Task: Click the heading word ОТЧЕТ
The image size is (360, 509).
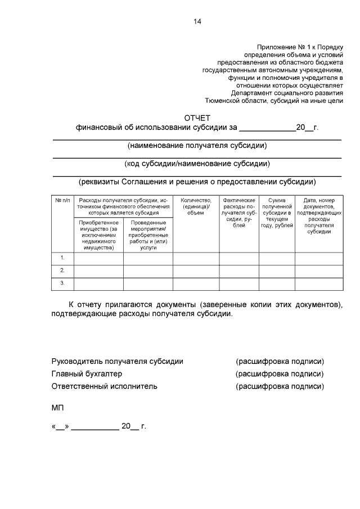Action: pyautogui.click(x=197, y=118)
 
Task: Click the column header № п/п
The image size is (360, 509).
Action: pyautogui.click(x=62, y=200)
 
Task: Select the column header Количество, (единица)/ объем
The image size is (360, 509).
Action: pyautogui.click(x=196, y=206)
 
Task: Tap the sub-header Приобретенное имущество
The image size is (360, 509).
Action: pyautogui.click(x=98, y=235)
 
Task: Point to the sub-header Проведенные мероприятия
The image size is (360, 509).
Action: pyautogui.click(x=148, y=235)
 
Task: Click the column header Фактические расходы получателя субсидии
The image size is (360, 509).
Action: pyautogui.click(x=238, y=213)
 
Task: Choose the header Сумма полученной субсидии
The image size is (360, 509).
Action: pyautogui.click(x=277, y=213)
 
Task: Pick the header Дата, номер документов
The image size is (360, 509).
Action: pyautogui.click(x=318, y=216)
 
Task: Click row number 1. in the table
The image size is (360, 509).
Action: pyautogui.click(x=62, y=258)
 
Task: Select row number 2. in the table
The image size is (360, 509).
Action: pyautogui.click(x=62, y=271)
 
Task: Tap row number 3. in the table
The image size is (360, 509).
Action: pyautogui.click(x=62, y=283)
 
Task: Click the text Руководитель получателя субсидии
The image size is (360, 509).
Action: pyautogui.click(x=117, y=361)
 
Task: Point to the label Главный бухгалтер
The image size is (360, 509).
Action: pyautogui.click(x=87, y=373)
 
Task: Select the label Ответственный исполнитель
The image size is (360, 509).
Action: pyautogui.click(x=104, y=386)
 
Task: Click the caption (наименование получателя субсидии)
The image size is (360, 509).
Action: pyautogui.click(x=197, y=146)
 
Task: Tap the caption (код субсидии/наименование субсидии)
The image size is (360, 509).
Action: pyautogui.click(x=197, y=164)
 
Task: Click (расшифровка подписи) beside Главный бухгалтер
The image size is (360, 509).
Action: pyautogui.click(x=280, y=373)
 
